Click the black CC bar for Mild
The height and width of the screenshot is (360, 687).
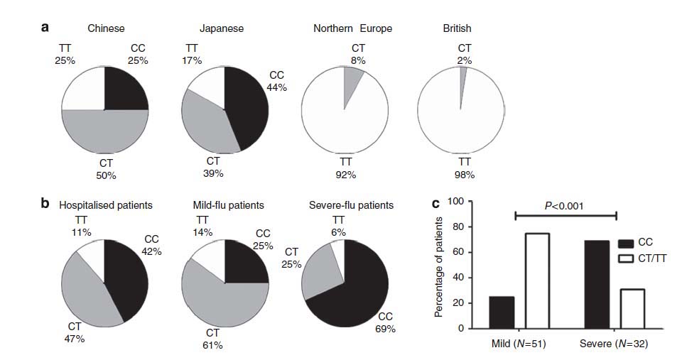501,312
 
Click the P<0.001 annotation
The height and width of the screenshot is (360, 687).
564,205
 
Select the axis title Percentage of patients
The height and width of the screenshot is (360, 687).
438,266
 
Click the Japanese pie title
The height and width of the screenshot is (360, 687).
221,29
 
